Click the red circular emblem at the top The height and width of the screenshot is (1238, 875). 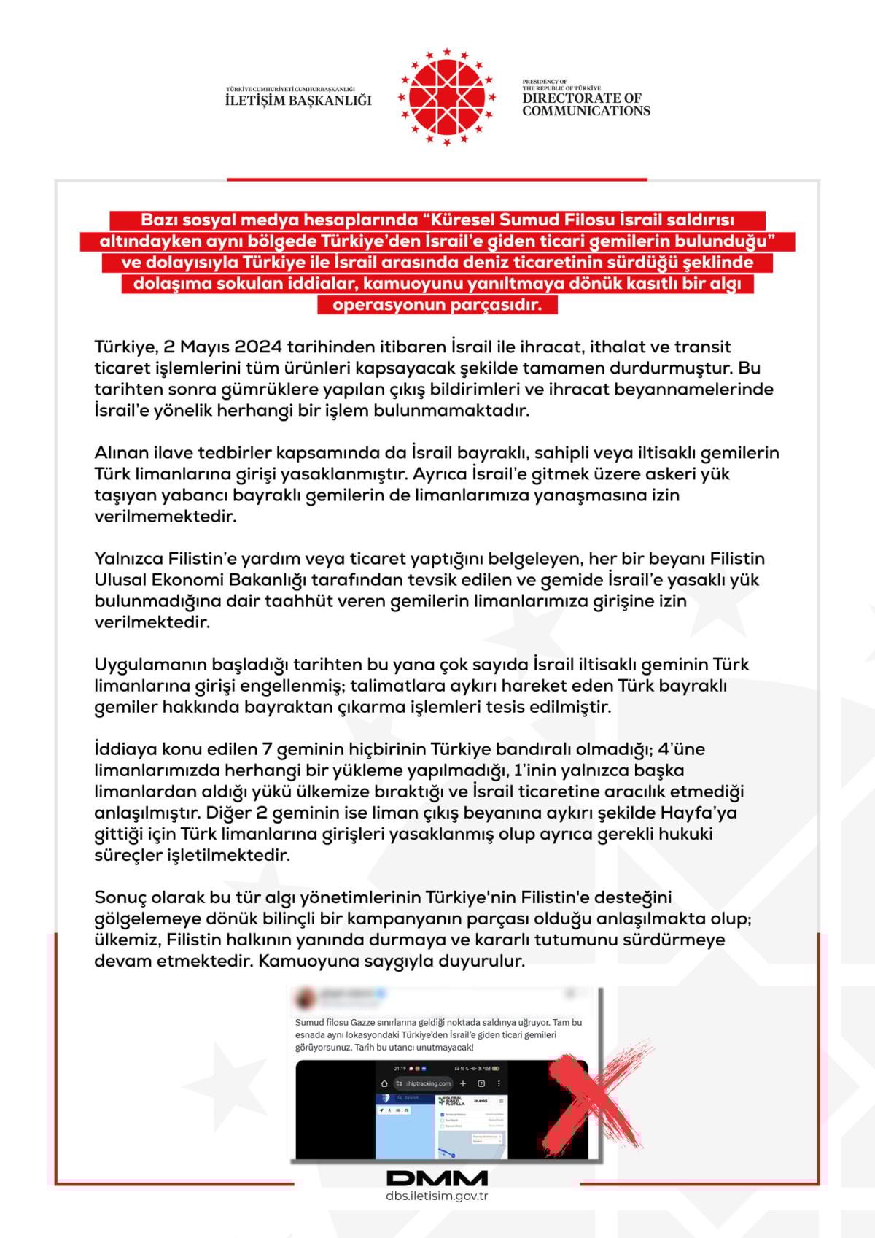(446, 97)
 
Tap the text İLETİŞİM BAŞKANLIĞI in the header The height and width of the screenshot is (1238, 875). (298, 101)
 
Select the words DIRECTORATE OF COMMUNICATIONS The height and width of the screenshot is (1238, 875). (586, 104)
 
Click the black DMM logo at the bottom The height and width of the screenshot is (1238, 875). (437, 1178)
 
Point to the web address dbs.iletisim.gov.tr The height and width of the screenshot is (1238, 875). (437, 1196)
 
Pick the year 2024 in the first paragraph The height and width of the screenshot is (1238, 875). (258, 347)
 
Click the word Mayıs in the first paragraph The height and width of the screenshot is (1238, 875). (206, 347)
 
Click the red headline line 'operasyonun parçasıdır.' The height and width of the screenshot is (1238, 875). (437, 305)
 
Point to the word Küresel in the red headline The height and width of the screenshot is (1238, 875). (465, 220)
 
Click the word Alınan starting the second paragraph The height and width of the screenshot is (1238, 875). (122, 453)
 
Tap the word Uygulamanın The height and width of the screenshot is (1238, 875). (150, 665)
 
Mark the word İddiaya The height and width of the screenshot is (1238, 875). (122, 749)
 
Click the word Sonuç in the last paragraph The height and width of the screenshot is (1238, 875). (121, 897)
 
